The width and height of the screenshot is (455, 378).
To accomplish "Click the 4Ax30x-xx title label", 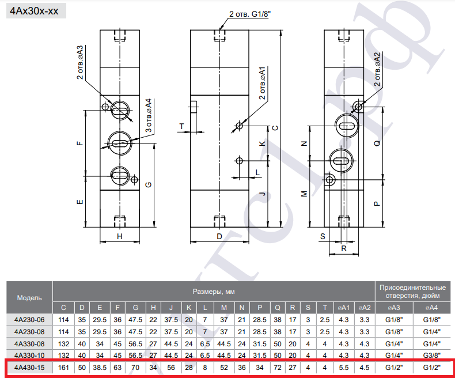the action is point(34,11).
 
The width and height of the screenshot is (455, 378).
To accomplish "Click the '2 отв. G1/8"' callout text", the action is point(248,14).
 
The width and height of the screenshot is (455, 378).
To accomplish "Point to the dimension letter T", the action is point(181,126).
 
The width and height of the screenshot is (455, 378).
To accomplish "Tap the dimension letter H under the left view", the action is point(120,236).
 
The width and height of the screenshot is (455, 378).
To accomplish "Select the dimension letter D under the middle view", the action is point(219,236).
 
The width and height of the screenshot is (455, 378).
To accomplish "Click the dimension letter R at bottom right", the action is point(344,248).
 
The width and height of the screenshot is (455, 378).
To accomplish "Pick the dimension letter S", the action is point(323,237).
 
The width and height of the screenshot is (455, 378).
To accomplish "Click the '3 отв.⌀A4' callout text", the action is point(148,116).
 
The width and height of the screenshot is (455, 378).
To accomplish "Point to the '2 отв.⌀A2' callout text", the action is point(377,69).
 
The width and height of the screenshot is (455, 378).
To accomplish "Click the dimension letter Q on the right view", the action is point(377,143).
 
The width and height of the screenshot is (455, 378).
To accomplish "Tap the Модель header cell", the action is point(29,298).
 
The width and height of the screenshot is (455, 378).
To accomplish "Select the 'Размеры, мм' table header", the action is point(214,292).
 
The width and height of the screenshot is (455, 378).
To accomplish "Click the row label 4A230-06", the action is point(29,320).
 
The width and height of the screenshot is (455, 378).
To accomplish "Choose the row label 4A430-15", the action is point(29,368).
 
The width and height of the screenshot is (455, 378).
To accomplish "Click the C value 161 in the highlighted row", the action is point(63,368).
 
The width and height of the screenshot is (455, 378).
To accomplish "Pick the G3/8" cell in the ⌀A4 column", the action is point(431,356).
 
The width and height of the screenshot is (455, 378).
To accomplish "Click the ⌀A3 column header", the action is point(394,308).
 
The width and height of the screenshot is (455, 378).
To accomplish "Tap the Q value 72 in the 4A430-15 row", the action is point(278,368).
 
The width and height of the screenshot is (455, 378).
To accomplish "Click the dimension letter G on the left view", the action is point(148,184).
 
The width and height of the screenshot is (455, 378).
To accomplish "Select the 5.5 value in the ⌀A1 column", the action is point(344,368).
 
